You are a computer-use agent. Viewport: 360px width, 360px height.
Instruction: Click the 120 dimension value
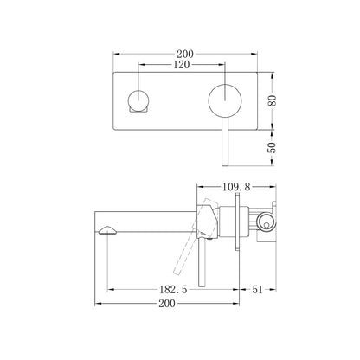[182, 65]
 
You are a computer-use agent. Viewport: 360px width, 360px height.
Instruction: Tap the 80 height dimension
[273, 100]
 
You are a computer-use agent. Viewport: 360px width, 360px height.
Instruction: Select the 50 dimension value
[273, 147]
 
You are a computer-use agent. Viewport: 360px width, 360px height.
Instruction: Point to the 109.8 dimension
[236, 187]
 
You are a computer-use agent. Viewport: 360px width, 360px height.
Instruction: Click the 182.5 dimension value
[173, 289]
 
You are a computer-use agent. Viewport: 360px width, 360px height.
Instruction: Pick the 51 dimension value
[258, 289]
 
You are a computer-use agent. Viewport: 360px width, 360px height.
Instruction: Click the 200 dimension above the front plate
[185, 54]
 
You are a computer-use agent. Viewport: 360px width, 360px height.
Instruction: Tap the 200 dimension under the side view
[167, 304]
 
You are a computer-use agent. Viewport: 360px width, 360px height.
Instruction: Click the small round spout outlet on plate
[138, 100]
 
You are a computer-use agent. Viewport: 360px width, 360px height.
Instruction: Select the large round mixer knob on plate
[225, 100]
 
